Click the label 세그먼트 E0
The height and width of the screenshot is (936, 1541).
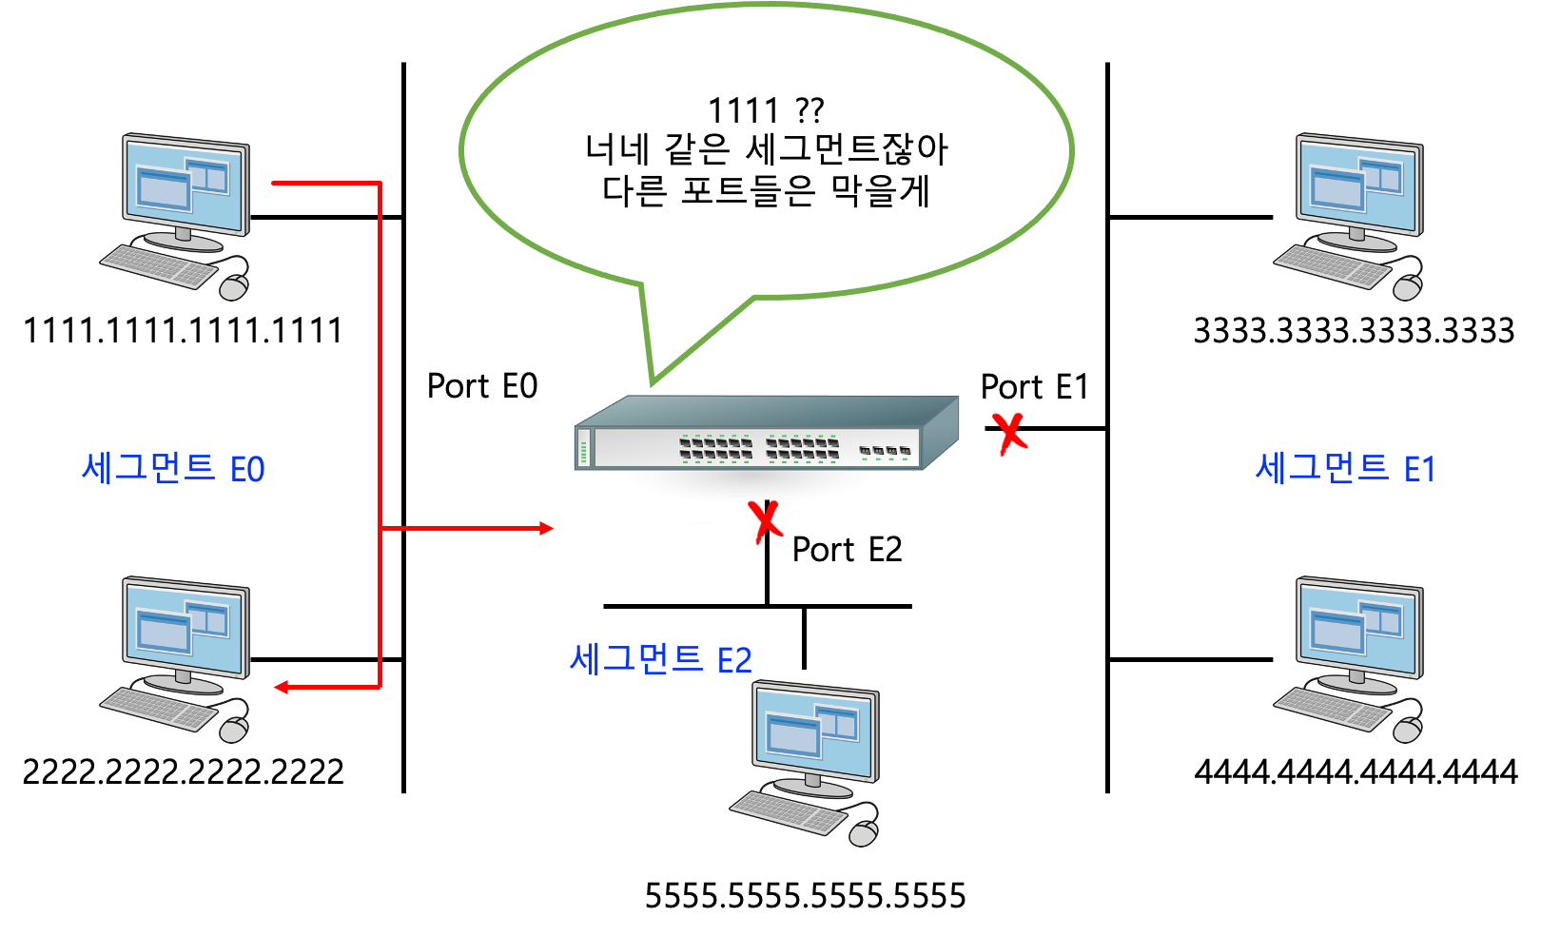click(x=173, y=469)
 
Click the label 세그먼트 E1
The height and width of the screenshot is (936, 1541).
click(x=1345, y=469)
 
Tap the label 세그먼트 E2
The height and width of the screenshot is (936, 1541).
click(x=661, y=659)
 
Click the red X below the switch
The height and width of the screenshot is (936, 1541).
click(x=765, y=521)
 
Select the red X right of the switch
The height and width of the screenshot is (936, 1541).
click(x=1010, y=434)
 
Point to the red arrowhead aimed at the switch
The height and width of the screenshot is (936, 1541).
click(x=547, y=528)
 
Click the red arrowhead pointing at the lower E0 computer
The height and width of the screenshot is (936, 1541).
click(x=282, y=687)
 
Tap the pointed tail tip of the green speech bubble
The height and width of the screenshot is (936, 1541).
click(x=652, y=383)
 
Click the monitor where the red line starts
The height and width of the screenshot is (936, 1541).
click(x=185, y=185)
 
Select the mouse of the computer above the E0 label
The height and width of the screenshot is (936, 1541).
click(x=233, y=287)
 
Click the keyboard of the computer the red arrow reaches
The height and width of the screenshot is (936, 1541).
click(x=159, y=710)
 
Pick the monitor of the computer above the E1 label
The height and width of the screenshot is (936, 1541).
click(x=1359, y=185)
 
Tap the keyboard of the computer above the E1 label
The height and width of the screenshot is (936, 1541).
click(x=1333, y=265)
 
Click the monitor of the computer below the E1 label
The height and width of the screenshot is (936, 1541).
click(x=1359, y=629)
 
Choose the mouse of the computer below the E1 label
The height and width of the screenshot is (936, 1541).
click(x=1407, y=731)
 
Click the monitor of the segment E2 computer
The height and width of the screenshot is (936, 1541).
click(x=815, y=733)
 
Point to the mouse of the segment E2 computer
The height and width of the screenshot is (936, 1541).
click(x=863, y=834)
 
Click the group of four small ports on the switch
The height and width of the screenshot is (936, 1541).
click(x=885, y=451)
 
